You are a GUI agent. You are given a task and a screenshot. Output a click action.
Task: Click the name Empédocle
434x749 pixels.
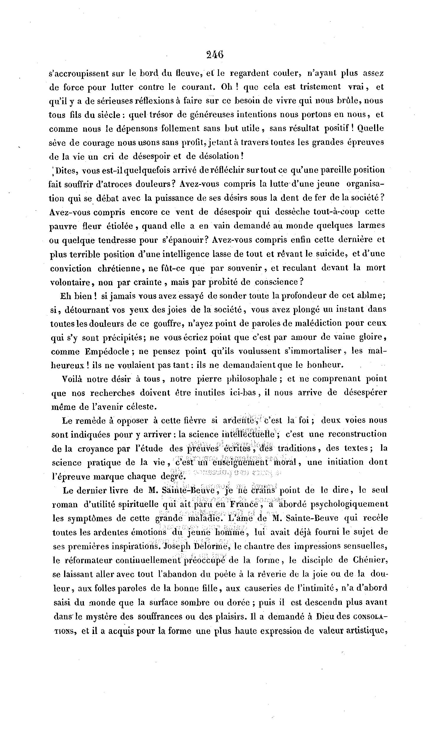pyautogui.click(x=107, y=352)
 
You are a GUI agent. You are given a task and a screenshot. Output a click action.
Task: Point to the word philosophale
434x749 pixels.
pyautogui.click(x=252, y=379)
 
